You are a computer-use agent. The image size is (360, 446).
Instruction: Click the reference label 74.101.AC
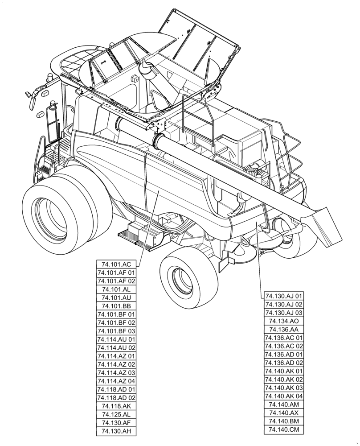[x=116, y=264]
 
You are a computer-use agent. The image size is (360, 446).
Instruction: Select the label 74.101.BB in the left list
[x=116, y=306]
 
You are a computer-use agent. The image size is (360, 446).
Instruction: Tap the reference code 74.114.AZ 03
[x=116, y=373]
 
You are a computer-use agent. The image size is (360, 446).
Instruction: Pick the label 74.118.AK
[x=116, y=406]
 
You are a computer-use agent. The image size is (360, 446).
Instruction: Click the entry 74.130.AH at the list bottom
[x=116, y=431]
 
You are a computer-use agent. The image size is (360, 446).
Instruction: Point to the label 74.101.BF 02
[x=116, y=322]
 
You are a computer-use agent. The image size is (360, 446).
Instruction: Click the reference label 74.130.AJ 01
[x=284, y=296]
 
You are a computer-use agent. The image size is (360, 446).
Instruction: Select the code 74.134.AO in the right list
[x=284, y=321]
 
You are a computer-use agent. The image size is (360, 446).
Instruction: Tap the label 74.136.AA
[x=284, y=330]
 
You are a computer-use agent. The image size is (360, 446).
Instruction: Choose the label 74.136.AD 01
[x=284, y=355]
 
